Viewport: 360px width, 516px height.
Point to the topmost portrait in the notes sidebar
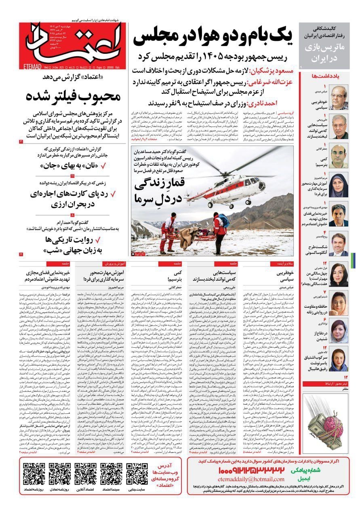(338, 97)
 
